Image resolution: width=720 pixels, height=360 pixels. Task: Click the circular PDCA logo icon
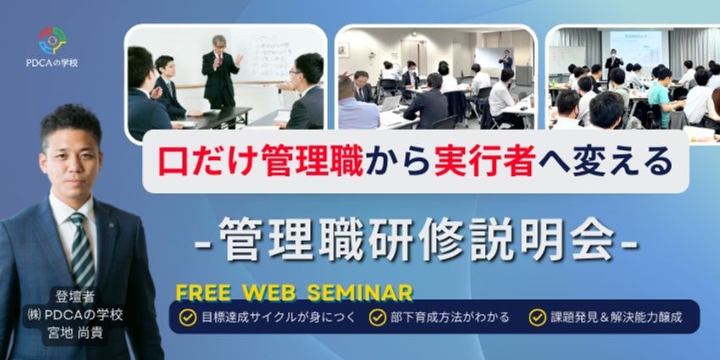coord(52,41)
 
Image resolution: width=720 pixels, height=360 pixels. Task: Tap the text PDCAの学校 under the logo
coord(52,63)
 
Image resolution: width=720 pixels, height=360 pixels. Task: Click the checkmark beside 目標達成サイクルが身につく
coord(187,318)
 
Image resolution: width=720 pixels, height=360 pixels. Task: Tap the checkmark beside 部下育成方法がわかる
coord(378,318)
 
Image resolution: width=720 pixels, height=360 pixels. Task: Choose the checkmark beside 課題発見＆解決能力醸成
coord(537,318)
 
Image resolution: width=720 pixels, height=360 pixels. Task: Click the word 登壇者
coord(75,297)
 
